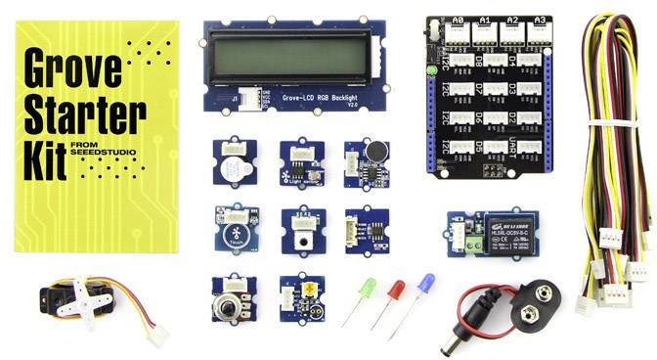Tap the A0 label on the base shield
pos(456,19)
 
